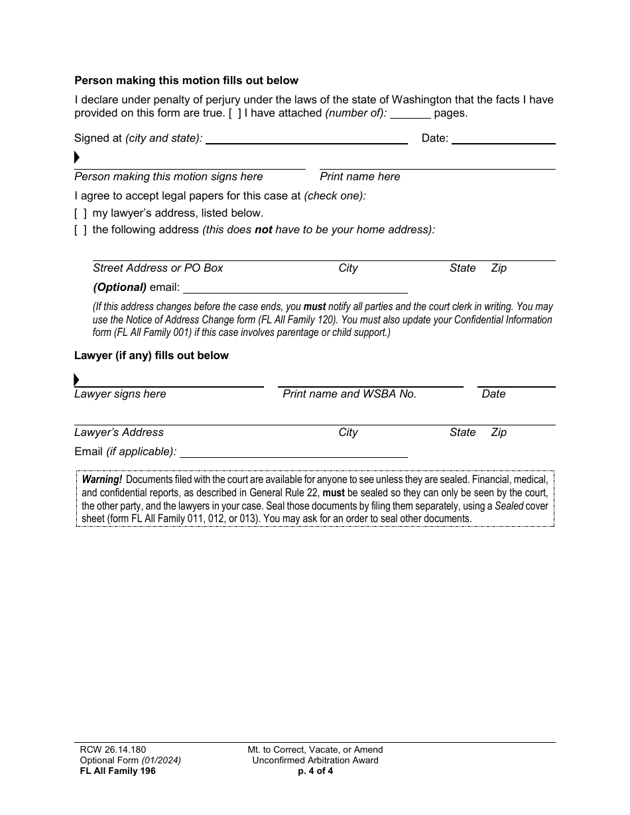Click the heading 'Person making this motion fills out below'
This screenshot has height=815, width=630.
tap(186, 81)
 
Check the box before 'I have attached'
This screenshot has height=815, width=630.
tap(235, 113)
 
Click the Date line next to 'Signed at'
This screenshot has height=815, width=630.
tap(503, 139)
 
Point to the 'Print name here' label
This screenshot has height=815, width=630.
tap(360, 177)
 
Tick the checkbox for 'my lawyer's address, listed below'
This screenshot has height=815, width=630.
tap(80, 213)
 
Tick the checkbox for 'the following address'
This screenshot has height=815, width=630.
tap(80, 230)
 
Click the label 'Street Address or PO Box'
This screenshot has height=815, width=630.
tap(158, 268)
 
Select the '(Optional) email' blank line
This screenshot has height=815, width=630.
tap(295, 288)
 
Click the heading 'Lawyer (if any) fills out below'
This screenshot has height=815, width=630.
tap(151, 356)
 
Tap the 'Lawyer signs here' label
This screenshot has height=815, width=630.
tap(120, 394)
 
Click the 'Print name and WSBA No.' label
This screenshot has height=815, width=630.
tap(349, 394)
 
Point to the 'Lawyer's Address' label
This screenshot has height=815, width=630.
tap(119, 433)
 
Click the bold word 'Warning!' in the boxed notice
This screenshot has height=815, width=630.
tap(102, 480)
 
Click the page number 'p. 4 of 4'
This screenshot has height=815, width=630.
tap(315, 771)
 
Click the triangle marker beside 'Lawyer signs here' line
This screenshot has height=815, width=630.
tap(77, 380)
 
